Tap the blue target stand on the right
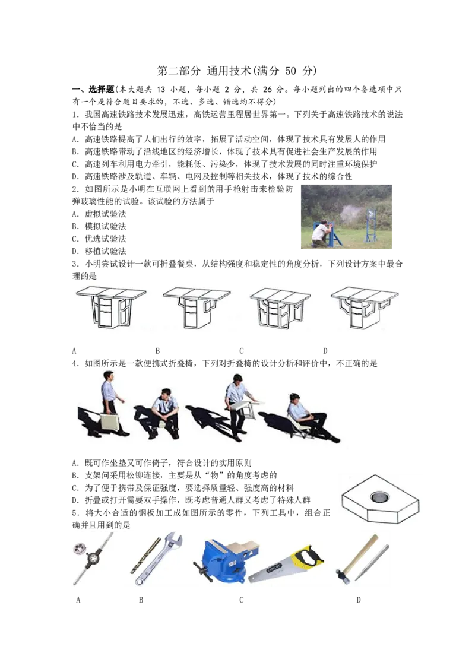(371, 226)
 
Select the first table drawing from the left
(111, 308)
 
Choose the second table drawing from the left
(197, 308)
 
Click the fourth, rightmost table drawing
(364, 308)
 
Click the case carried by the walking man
(109, 423)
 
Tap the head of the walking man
(108, 376)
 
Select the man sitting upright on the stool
(163, 413)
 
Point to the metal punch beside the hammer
(372, 562)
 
